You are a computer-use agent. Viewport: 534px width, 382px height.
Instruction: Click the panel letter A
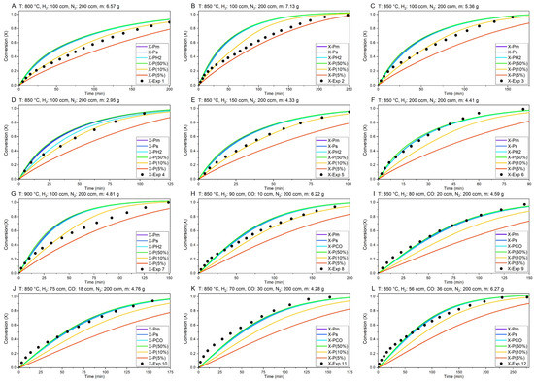[5, 6]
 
